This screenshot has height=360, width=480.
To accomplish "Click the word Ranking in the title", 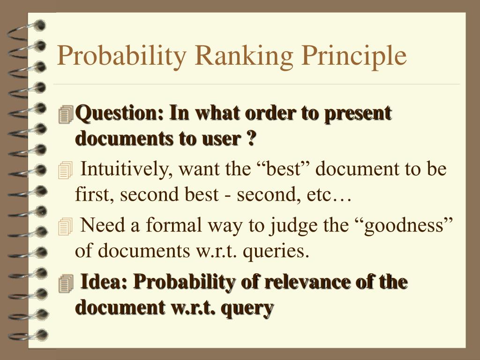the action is pos(244,57).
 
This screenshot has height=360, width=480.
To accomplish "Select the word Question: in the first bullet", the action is pos(120,114).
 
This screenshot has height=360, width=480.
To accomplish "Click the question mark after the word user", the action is pos(251,138).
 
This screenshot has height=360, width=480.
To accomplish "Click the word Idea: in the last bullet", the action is pos(104,281).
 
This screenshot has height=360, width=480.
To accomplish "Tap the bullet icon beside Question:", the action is pos(66,114).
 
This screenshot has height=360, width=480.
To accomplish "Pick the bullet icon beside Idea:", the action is pos(66,283).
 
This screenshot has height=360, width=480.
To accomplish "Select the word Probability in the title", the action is pos(121,57).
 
